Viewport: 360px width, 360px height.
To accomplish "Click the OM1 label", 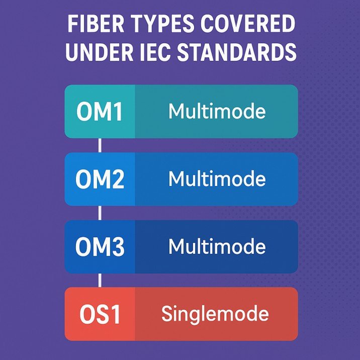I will click(x=100, y=112).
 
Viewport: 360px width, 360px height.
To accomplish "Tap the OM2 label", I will click(x=100, y=179).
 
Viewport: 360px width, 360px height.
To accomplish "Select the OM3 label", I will click(x=100, y=247).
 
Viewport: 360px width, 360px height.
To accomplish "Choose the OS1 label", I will click(x=100, y=315).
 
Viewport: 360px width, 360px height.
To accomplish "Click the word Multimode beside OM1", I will click(x=217, y=111).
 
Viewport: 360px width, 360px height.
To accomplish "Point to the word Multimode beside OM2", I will click(x=217, y=178).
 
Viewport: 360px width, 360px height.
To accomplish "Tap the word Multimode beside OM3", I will click(x=217, y=246).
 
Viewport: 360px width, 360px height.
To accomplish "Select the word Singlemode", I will click(x=215, y=314).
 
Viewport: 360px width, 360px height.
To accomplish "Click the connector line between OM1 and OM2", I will click(x=100, y=145).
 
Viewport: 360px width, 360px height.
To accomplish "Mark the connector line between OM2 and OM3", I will click(x=100, y=213).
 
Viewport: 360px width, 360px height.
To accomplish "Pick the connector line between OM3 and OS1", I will click(x=100, y=280).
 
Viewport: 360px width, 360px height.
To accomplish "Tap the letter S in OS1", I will click(x=103, y=315).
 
